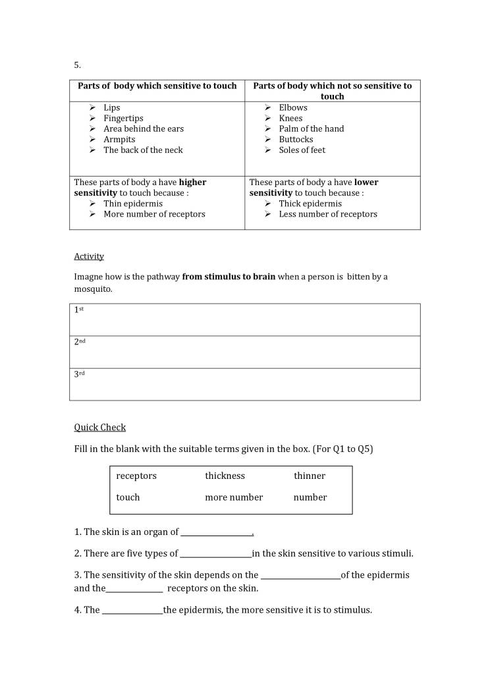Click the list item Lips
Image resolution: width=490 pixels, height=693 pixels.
[x=111, y=107]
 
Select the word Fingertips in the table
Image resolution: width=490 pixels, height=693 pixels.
[x=123, y=118]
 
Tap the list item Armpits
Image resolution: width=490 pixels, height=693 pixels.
[x=119, y=139]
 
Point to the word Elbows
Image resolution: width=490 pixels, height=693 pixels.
[x=293, y=107]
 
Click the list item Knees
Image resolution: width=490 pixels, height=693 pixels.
[x=290, y=118]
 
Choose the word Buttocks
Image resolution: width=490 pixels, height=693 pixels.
[x=296, y=139]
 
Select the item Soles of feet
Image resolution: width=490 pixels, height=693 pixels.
[x=302, y=150]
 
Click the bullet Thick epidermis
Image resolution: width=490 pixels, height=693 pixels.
[x=310, y=204]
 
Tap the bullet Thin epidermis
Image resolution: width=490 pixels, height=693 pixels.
[x=133, y=204]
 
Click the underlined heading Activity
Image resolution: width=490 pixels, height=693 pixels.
[x=89, y=256]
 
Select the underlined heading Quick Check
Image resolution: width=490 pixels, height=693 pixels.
[x=99, y=428]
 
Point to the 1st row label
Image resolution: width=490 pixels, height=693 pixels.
[x=79, y=309]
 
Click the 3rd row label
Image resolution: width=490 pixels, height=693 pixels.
[x=79, y=374]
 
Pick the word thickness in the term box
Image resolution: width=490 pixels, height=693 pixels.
[x=225, y=476]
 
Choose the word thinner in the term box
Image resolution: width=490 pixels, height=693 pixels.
[x=310, y=476]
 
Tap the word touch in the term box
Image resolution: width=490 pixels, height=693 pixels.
[x=128, y=497]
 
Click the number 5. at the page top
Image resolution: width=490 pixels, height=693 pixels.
[x=77, y=65]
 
